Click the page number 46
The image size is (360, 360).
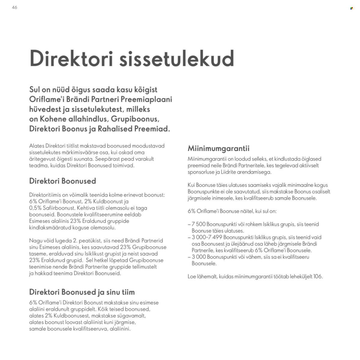15,7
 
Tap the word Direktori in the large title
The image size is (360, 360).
71,59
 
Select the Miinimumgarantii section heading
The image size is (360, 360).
218,148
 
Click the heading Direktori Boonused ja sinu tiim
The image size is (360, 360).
82,292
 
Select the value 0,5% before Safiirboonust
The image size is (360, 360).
36,208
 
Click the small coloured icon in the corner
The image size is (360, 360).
352,8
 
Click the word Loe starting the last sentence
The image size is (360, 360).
192,276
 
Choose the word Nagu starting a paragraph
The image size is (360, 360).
36,241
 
